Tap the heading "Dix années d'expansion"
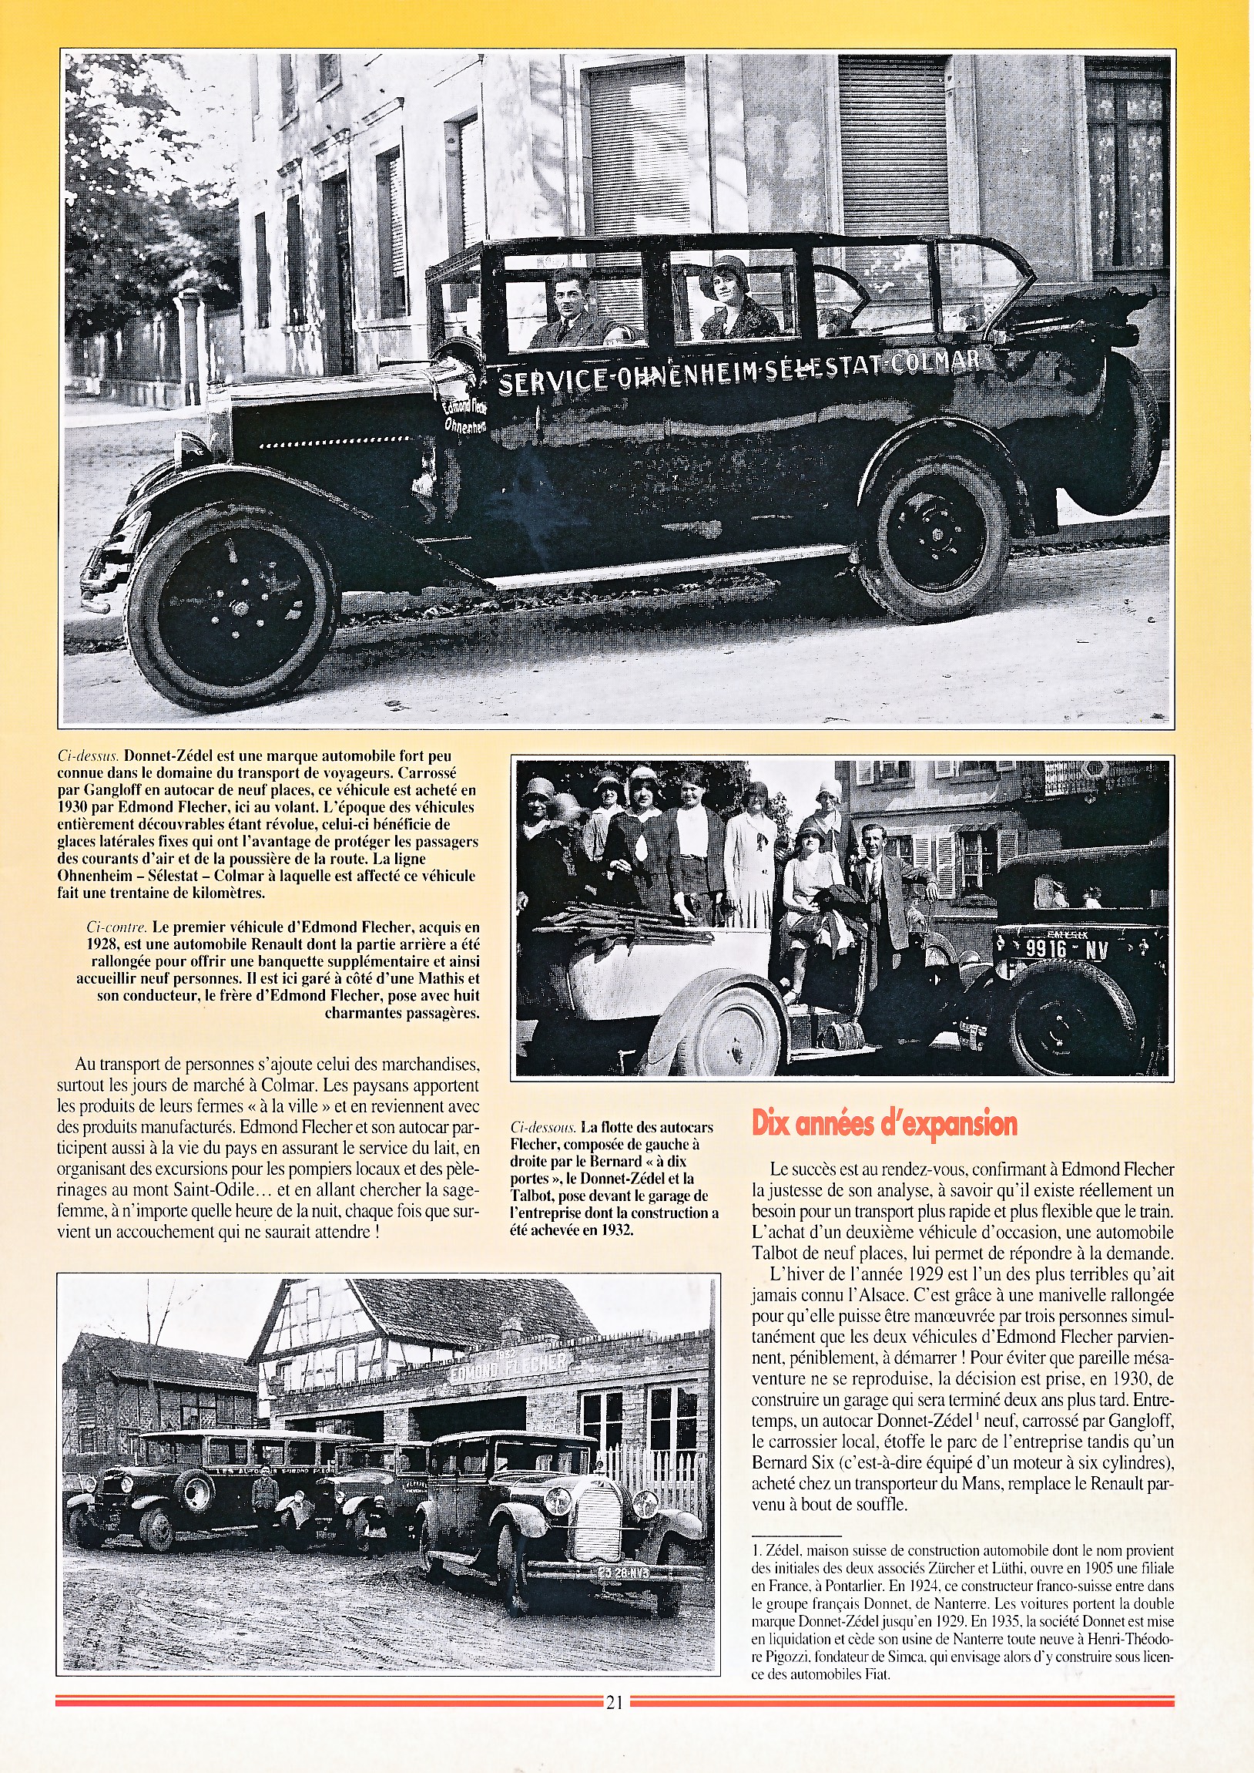[x=884, y=1123]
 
